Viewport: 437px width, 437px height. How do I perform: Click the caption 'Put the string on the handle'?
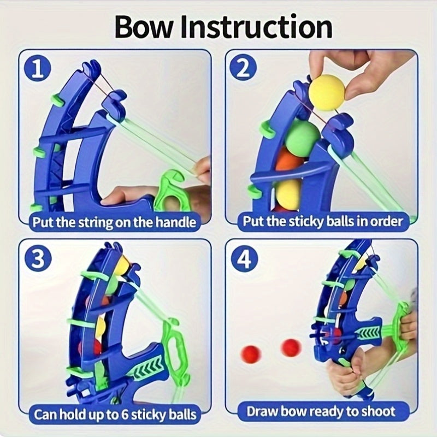coord(114,222)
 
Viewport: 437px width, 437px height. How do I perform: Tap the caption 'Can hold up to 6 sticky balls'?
coord(114,414)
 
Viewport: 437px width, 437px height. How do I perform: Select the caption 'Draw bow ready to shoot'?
coord(321,411)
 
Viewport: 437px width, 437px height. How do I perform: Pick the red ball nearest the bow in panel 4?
coord(291,347)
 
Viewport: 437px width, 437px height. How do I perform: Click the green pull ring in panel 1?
coord(173,188)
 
